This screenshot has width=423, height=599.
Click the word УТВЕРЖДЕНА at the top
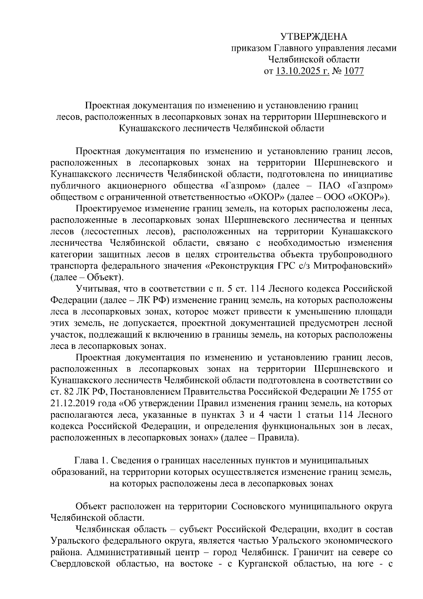click(x=314, y=36)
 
